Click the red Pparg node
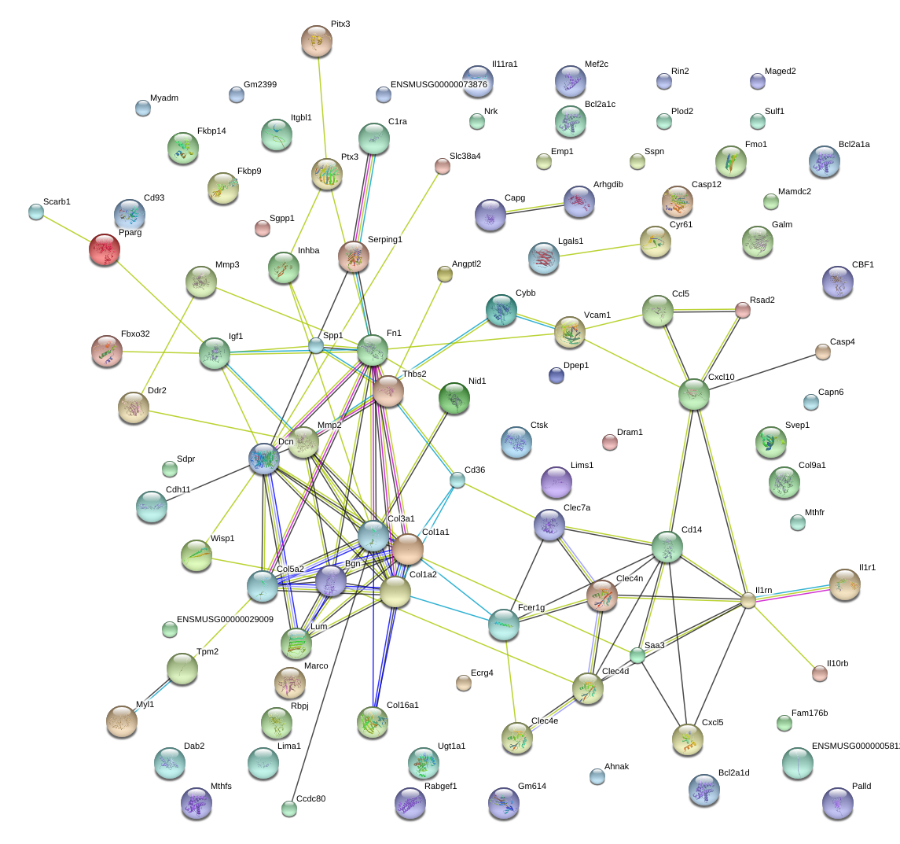(105, 249)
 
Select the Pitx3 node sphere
(317, 41)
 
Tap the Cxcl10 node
(694, 394)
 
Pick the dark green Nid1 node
(454, 397)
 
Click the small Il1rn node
(748, 601)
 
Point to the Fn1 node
(373, 350)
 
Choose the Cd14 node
(667, 547)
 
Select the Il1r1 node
(845, 584)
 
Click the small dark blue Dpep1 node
(557, 375)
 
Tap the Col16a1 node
(373, 721)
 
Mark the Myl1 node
(122, 721)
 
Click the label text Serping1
(385, 239)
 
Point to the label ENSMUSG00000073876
(439, 84)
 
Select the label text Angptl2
(467, 264)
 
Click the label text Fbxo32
(135, 334)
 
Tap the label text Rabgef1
(441, 785)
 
